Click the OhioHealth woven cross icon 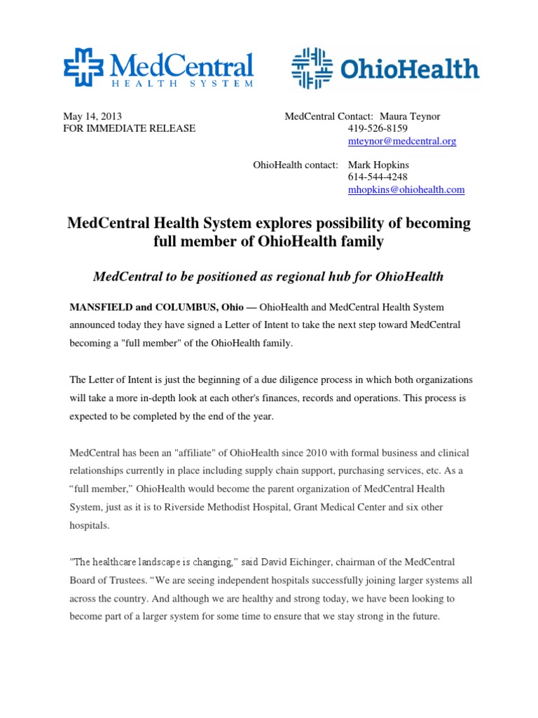(x=312, y=68)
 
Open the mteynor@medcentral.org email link (x=402, y=141)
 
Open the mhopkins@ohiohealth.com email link (x=406, y=190)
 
